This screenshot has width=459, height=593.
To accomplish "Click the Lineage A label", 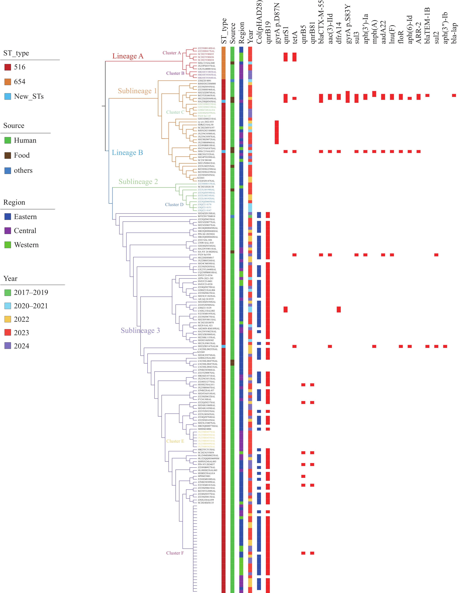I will pos(128,56).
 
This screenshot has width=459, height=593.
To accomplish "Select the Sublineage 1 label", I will pos(137,91).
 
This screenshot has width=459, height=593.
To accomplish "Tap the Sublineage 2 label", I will pos(138,182).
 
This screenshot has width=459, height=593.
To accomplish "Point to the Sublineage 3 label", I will pos(140,330).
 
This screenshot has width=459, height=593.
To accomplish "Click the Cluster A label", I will pos(171,53).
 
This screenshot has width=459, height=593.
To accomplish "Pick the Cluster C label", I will pos(175,112).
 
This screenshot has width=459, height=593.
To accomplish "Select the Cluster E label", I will pos(175,441).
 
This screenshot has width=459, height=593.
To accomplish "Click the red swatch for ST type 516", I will pos(8,67).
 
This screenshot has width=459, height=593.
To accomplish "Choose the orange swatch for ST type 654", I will pos(8,82).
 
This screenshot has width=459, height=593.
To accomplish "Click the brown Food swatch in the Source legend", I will pos(8,155).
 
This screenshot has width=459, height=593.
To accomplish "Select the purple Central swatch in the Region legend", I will pos(8,231).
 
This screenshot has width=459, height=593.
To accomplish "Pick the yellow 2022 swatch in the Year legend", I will pos(8,319).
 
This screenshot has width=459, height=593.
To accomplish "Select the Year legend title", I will pos(10,279).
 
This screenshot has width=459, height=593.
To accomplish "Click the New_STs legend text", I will pos(29,96).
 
